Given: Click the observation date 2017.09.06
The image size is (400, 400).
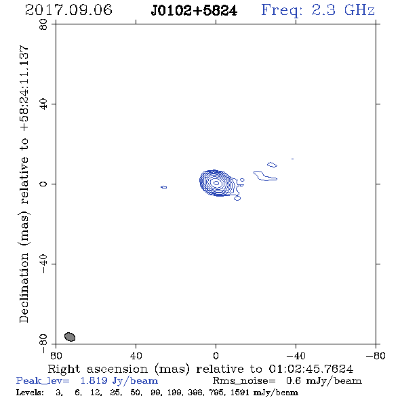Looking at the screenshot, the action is click(68, 10).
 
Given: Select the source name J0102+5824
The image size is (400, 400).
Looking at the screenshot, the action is click(194, 11).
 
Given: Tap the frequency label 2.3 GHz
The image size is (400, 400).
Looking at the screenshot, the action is click(343, 10).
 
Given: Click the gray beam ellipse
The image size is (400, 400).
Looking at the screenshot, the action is click(70, 337).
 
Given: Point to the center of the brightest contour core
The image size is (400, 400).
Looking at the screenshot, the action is click(216, 183).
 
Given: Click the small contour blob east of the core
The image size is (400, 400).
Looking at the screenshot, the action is click(164, 187).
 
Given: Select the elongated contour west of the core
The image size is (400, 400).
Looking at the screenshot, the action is click(264, 176).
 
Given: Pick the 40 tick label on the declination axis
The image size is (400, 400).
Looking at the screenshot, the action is click(43, 104).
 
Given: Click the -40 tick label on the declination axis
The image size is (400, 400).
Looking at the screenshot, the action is click(43, 264).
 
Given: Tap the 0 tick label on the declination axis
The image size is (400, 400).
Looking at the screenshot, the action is click(43, 184).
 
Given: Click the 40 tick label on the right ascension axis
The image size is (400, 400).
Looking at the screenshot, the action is click(136, 355).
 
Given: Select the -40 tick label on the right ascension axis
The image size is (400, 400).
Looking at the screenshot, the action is click(296, 355).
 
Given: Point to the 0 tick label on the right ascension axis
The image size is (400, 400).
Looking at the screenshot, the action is click(216, 355).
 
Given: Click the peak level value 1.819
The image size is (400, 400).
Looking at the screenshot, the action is click(94, 380).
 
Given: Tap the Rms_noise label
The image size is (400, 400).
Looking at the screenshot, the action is click(244, 381).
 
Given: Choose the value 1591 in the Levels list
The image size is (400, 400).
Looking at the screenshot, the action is click(239, 392).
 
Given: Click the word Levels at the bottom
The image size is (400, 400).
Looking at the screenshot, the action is click(30, 392).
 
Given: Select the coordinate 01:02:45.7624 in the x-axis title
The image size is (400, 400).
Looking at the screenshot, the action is click(311, 369).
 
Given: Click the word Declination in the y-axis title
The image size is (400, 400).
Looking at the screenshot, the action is click(24, 287).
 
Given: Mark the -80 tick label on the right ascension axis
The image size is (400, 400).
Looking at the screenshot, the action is click(376, 355).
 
